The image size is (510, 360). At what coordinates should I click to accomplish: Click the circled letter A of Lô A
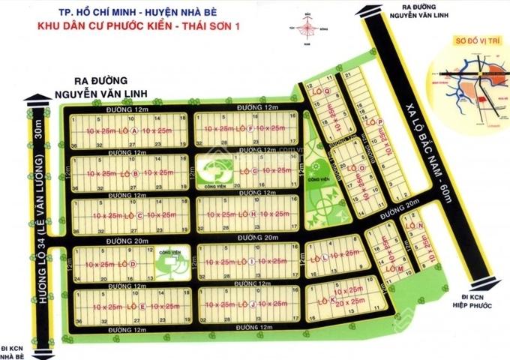134,131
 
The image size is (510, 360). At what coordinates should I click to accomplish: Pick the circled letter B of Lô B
134,173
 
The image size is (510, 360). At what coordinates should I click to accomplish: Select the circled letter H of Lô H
253,214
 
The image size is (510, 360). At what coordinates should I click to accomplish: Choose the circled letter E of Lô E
142,306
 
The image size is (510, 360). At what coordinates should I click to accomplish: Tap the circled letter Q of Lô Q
328,93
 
